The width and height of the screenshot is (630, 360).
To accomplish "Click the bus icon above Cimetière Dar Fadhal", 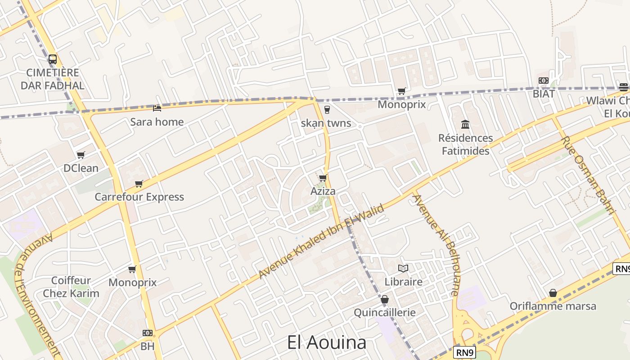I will point(53,59).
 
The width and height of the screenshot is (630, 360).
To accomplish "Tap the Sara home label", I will point(157,122).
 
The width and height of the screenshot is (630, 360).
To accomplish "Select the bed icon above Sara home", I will point(157,108).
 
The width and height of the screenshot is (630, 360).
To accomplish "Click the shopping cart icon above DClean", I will point(81,155).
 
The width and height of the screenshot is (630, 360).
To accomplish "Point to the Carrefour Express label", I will point(139,197).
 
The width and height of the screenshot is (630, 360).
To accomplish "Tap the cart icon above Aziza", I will point(323,178).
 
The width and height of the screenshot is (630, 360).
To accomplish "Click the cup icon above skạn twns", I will point(327,109).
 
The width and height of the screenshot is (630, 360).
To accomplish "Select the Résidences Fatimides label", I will point(465,144).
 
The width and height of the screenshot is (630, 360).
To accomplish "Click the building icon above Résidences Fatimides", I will point(465,124).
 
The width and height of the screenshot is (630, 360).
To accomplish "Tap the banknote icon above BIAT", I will point(543,81).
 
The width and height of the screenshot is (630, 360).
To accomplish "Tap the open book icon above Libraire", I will point(403,268).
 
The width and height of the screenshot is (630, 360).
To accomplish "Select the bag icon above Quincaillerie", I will point(384,299).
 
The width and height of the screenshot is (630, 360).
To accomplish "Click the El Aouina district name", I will point(327,343).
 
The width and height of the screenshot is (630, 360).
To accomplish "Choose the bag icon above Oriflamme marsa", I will point(553,293).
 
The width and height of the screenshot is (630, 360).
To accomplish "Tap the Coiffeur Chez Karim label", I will point(71,287).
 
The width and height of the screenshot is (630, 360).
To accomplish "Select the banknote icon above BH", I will point(147,333).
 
